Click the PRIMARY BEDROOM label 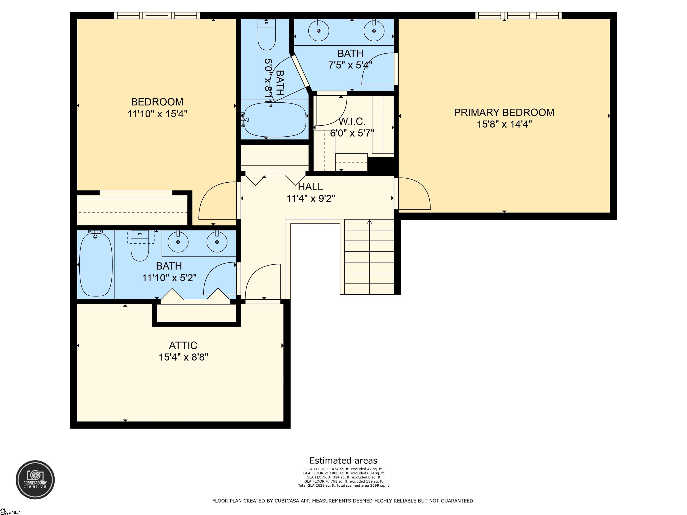pyautogui.click(x=504, y=112)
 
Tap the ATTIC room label pyautogui.click(x=183, y=346)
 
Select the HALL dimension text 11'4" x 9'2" pyautogui.click(x=311, y=198)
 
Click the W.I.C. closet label pyautogui.click(x=352, y=121)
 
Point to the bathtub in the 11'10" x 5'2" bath pyautogui.click(x=96, y=264)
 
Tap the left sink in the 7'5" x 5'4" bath pyautogui.click(x=318, y=31)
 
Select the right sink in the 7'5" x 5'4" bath pyautogui.click(x=374, y=31)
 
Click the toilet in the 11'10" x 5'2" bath pyautogui.click(x=140, y=247)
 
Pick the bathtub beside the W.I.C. pyautogui.click(x=275, y=120)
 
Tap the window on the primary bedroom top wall pyautogui.click(x=518, y=15)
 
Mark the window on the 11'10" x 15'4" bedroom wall pyautogui.click(x=157, y=15)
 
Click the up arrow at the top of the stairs pyautogui.click(x=369, y=222)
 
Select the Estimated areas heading pyautogui.click(x=343, y=461)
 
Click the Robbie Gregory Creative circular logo pyautogui.click(x=35, y=480)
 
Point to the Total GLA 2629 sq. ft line pyautogui.click(x=343, y=485)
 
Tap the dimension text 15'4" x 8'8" pyautogui.click(x=183, y=357)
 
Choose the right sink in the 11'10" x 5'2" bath pyautogui.click(x=217, y=242)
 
